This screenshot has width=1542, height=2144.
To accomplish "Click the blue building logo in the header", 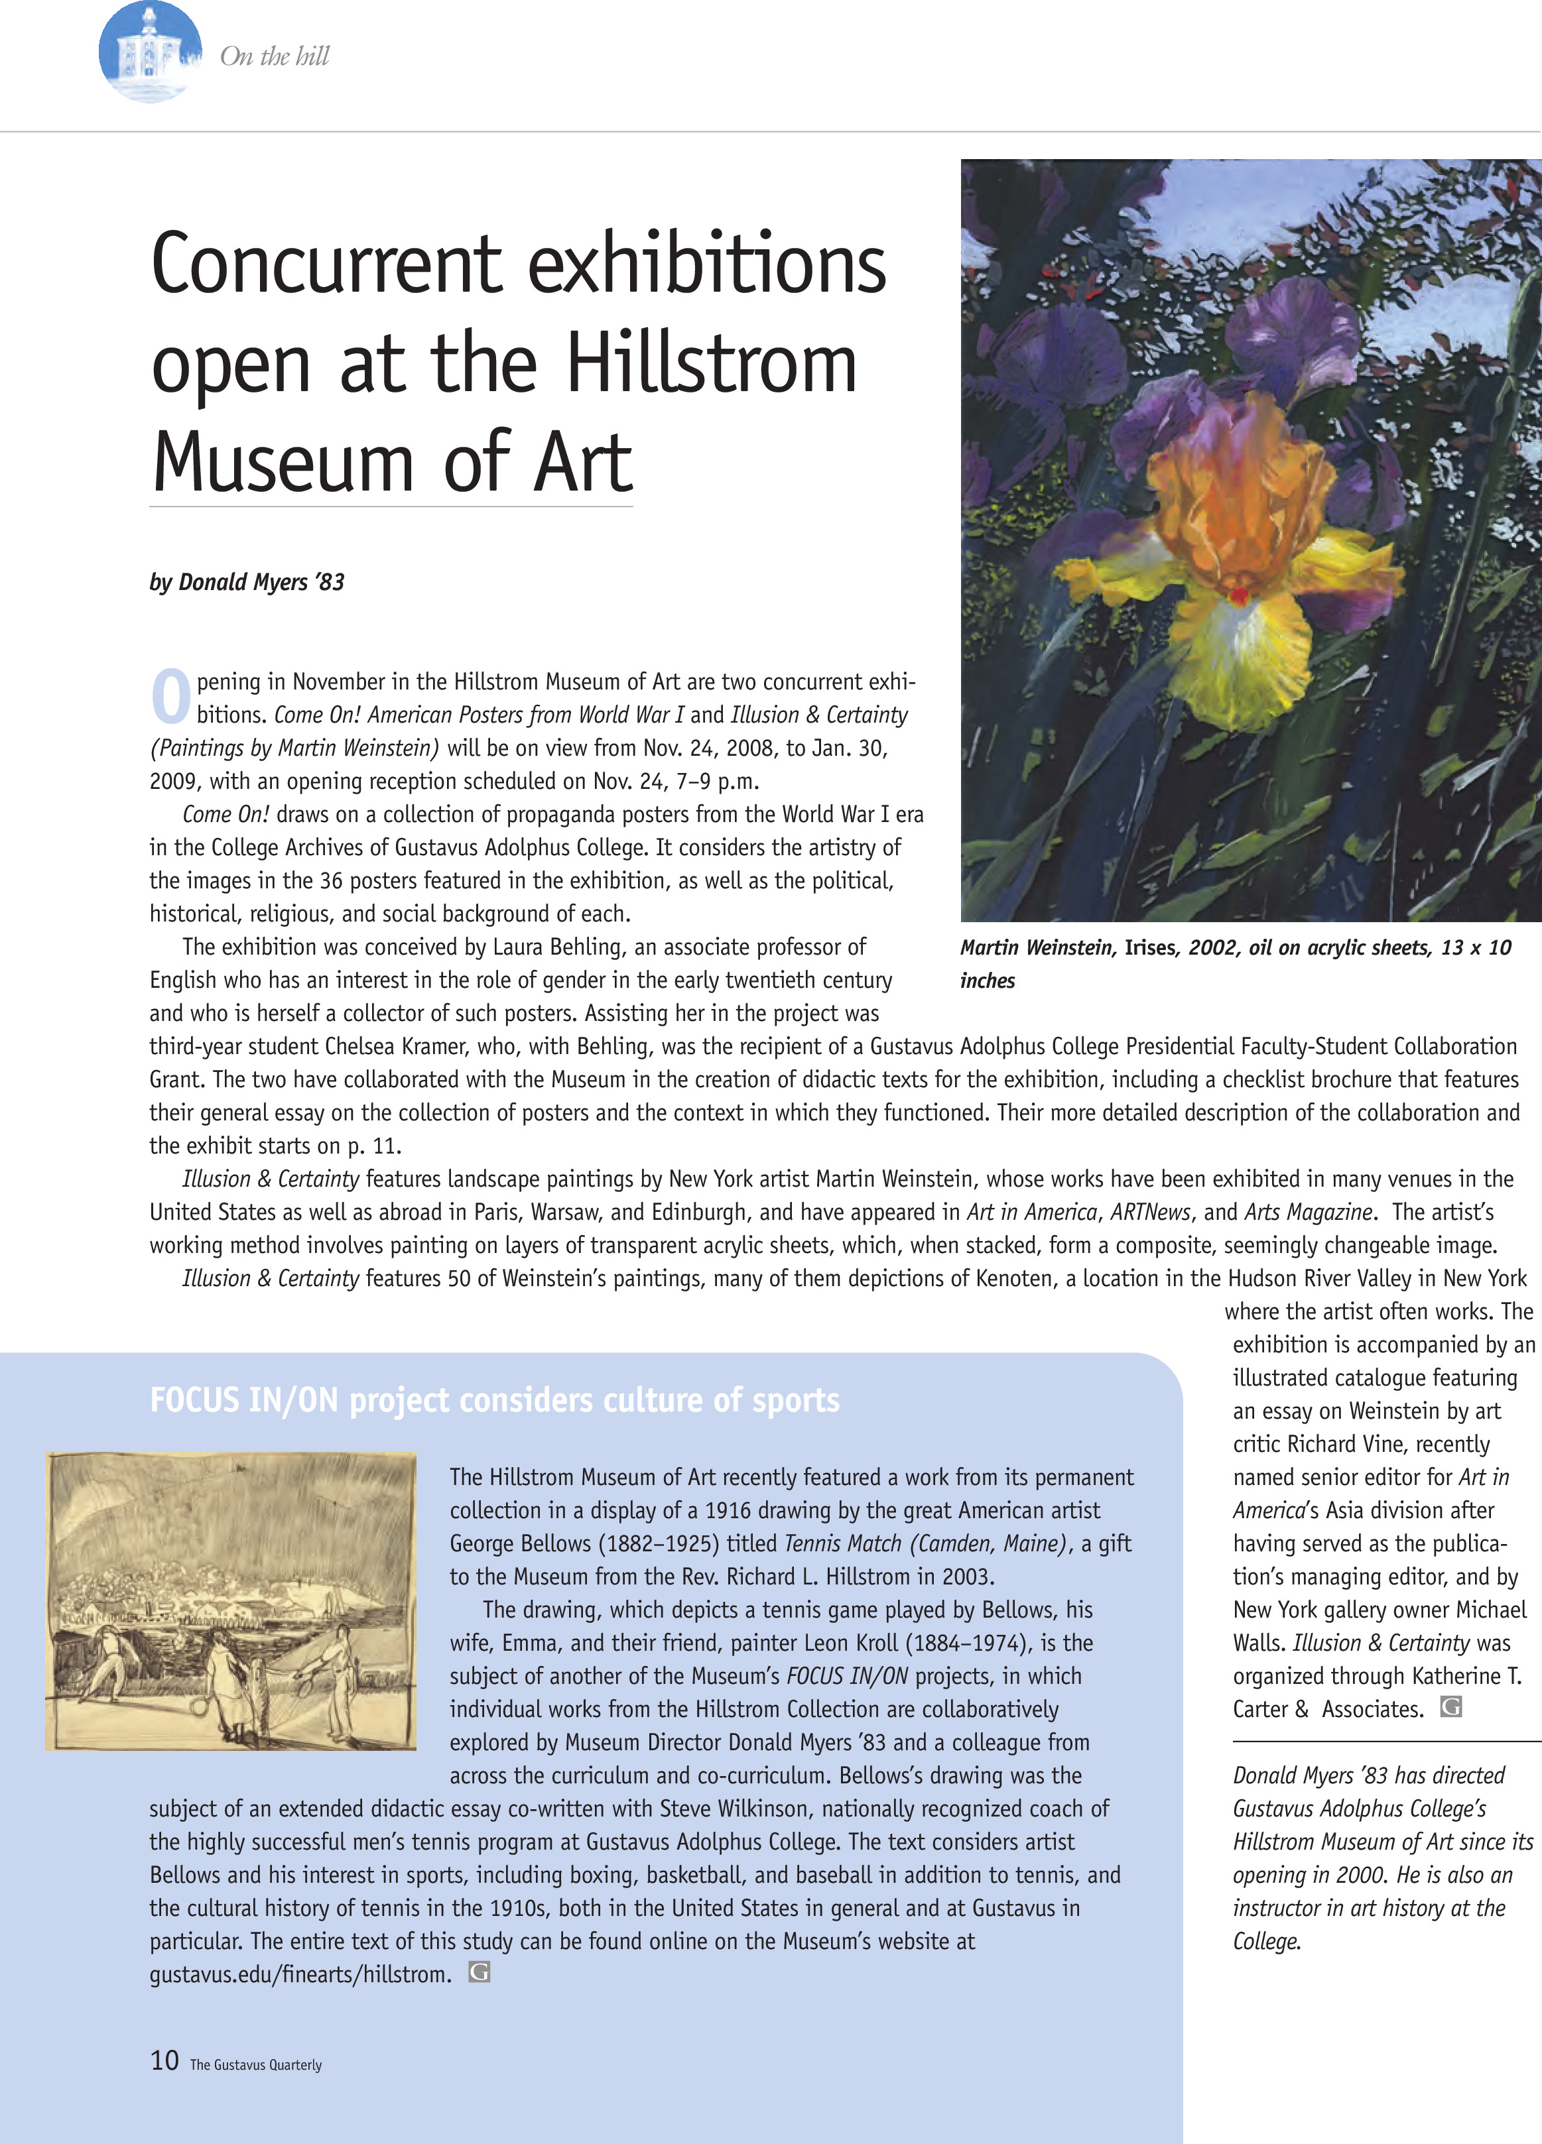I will pyautogui.click(x=149, y=52).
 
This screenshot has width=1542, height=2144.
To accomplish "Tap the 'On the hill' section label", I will pyautogui.click(x=274, y=57).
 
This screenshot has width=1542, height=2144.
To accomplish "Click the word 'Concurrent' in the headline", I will pyautogui.click(x=326, y=265).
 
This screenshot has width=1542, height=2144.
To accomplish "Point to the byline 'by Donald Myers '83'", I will pyautogui.click(x=247, y=582).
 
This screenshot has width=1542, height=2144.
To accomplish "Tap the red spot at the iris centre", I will pyautogui.click(x=1238, y=595).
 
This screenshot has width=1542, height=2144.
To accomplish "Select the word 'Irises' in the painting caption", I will pyautogui.click(x=1149, y=948).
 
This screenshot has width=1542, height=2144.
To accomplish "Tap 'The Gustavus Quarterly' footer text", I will pyautogui.click(x=256, y=2064).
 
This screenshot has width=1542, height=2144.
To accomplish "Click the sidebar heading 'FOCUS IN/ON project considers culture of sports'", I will pyautogui.click(x=495, y=1400).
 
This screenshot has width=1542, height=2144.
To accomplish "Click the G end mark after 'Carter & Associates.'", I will pyautogui.click(x=1450, y=1707).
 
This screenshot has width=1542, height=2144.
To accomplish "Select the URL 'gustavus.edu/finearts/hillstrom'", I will pyautogui.click(x=298, y=1975).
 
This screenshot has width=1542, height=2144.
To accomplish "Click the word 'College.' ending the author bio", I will pyautogui.click(x=1267, y=1942).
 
